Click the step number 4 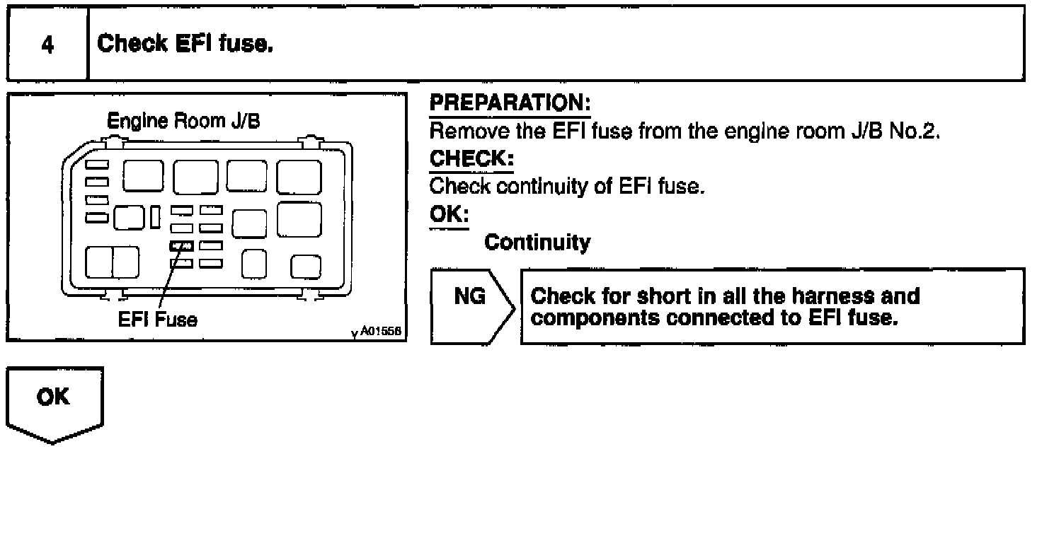pyautogui.click(x=47, y=45)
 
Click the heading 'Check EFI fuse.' pyautogui.click(x=185, y=44)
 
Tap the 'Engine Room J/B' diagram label pyautogui.click(x=183, y=121)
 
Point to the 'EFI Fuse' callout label pyautogui.click(x=158, y=320)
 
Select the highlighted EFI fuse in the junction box pyautogui.click(x=181, y=246)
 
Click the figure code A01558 pyautogui.click(x=381, y=331)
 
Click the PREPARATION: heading pyautogui.click(x=510, y=103)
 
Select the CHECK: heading pyautogui.click(x=471, y=159)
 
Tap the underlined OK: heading pyautogui.click(x=449, y=215)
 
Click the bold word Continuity pyautogui.click(x=537, y=242)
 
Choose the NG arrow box pyautogui.click(x=473, y=307)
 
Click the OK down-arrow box pyautogui.click(x=55, y=405)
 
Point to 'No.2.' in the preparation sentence pyautogui.click(x=915, y=131)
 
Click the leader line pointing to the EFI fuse pyautogui.click(x=171, y=276)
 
